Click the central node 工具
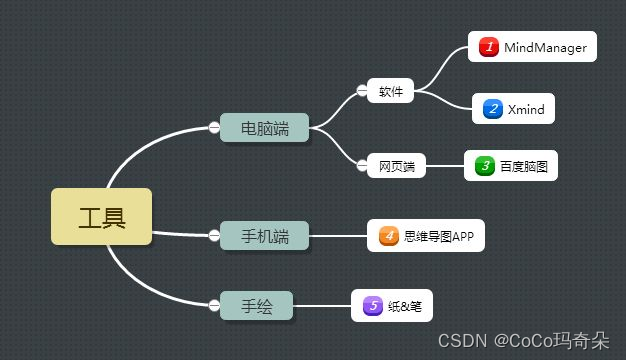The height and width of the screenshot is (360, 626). (x=102, y=216)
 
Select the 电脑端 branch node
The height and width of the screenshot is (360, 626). (x=265, y=128)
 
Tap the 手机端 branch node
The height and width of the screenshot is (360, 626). (x=265, y=236)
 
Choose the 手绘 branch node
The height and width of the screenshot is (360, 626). (x=257, y=305)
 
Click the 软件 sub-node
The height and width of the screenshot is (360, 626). (x=390, y=92)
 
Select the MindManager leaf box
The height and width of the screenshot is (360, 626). (x=533, y=47)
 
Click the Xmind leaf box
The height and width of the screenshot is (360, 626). (x=513, y=109)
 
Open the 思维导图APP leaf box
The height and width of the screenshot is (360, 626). (x=425, y=236)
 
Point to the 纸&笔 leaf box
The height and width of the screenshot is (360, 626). (x=392, y=306)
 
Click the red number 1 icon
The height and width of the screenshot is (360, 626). (x=489, y=47)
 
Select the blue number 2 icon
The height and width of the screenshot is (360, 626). (x=492, y=109)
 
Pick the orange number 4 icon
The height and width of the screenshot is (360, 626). (x=388, y=237)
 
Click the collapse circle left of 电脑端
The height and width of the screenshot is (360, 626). (x=214, y=127)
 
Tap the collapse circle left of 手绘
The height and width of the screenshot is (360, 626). (x=214, y=305)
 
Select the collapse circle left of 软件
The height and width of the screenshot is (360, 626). (x=361, y=92)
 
